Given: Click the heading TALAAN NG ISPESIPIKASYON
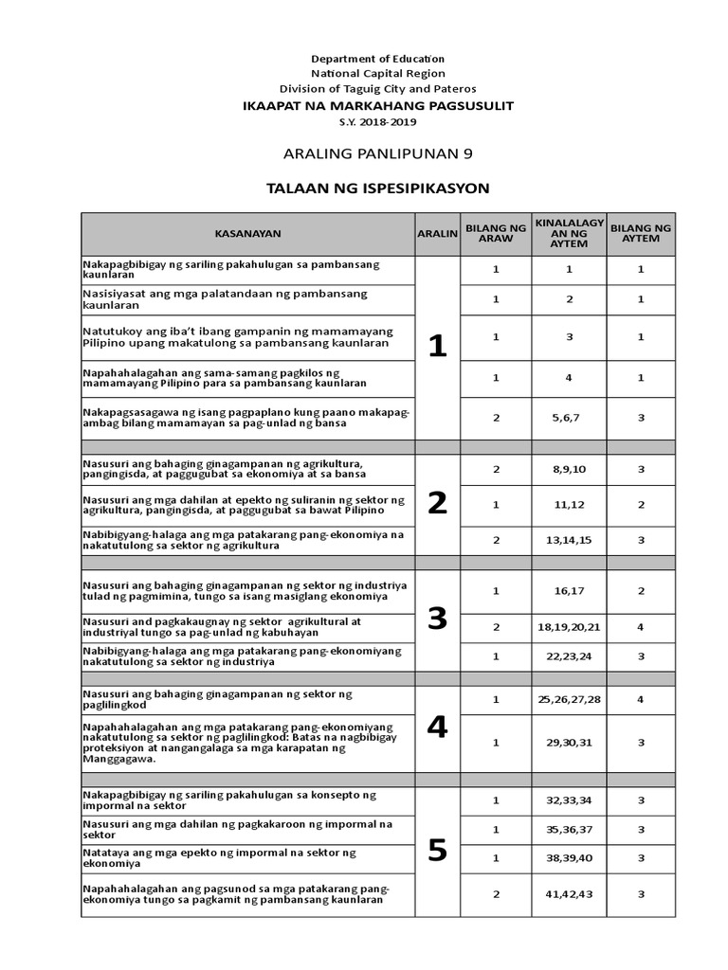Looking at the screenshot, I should tap(378, 188).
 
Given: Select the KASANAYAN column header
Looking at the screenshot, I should tap(247, 234).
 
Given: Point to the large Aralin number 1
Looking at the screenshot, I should tap(436, 348).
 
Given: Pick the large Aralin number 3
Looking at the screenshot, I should tap(436, 619).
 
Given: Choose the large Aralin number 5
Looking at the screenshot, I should tap(436, 852).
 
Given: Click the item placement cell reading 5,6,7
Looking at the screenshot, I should tap(569, 418).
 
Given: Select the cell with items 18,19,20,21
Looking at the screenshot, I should tap(569, 627).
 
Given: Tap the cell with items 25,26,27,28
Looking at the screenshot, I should tap(569, 699).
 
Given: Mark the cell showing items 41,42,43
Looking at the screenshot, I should tap(569, 893).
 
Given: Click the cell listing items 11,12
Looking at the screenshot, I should tap(569, 505).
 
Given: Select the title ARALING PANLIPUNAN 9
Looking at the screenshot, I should tap(378, 153).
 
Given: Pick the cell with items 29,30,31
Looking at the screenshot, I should tap(569, 742).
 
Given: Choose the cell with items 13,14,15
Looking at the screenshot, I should tap(569, 540).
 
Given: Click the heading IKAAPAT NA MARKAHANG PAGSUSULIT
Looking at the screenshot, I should tap(378, 106).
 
